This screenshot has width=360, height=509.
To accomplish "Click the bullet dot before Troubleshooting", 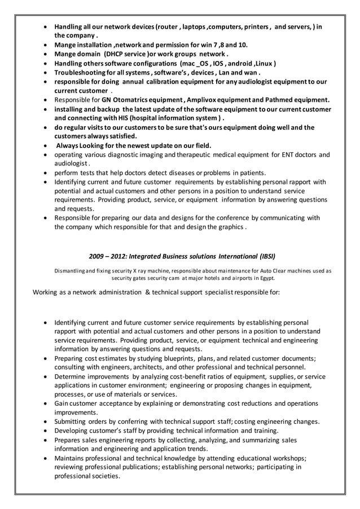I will pyautogui.click(x=46, y=73).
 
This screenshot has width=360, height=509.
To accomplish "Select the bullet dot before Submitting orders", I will pyautogui.click(x=46, y=422).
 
